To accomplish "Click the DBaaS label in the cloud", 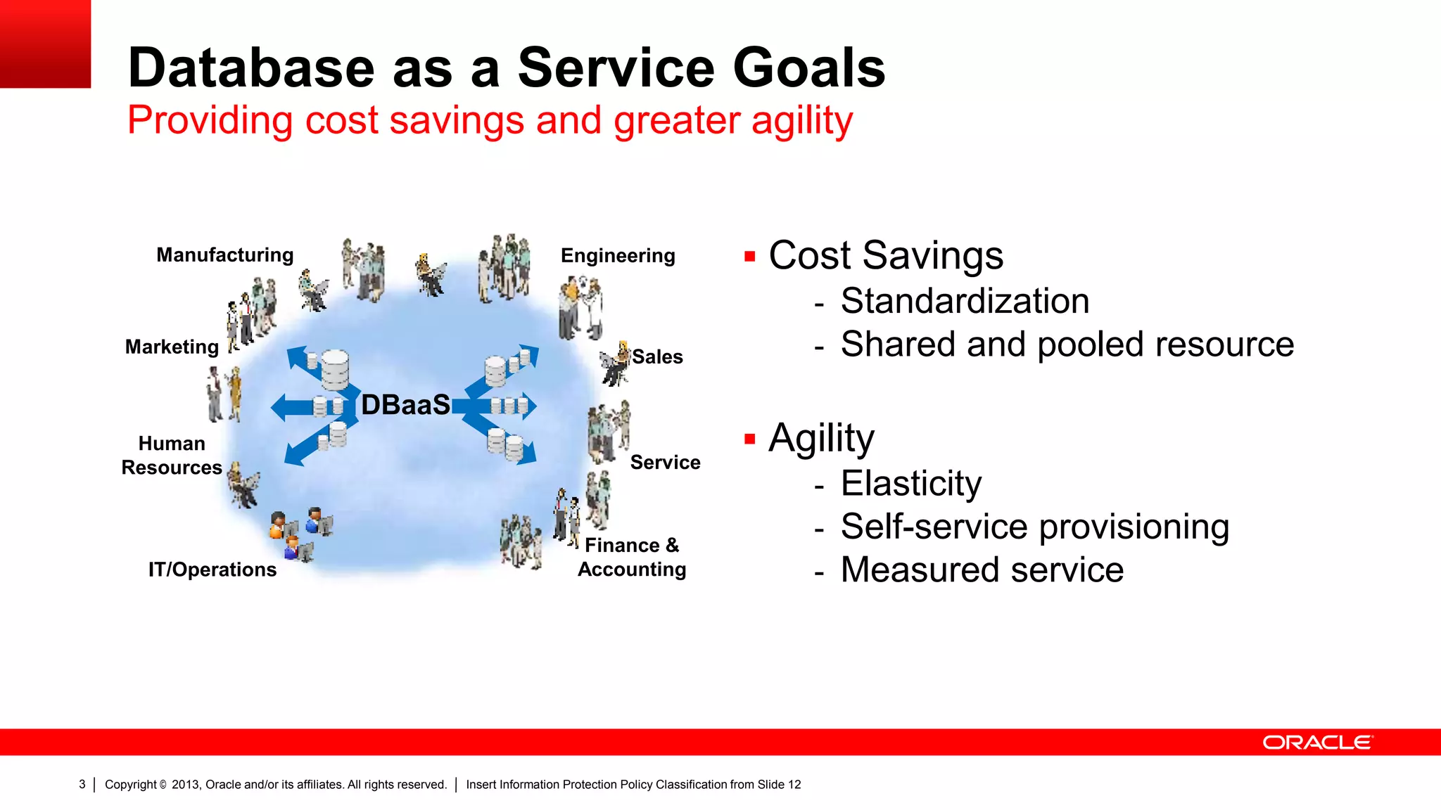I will click(x=405, y=405).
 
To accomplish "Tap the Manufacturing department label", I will click(x=224, y=255).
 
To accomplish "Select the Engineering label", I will click(x=617, y=255).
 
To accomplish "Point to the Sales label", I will click(x=657, y=356).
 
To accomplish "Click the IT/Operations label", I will click(x=212, y=569).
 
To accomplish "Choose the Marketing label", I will click(x=172, y=347).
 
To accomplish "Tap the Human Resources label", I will click(x=172, y=456).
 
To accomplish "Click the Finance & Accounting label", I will click(x=632, y=557).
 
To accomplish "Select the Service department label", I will click(x=665, y=462).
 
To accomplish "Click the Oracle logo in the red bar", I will click(x=1317, y=742).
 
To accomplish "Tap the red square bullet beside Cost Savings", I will click(x=749, y=257).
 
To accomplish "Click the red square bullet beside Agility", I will click(x=749, y=439).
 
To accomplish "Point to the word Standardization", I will click(x=965, y=301).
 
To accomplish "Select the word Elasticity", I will click(x=910, y=484).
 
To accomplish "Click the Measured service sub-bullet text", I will click(x=982, y=570).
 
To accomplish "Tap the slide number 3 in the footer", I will click(x=82, y=784).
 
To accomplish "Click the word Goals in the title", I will click(x=808, y=67).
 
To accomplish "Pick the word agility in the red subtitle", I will click(x=801, y=120).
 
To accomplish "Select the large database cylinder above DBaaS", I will click(x=335, y=368).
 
